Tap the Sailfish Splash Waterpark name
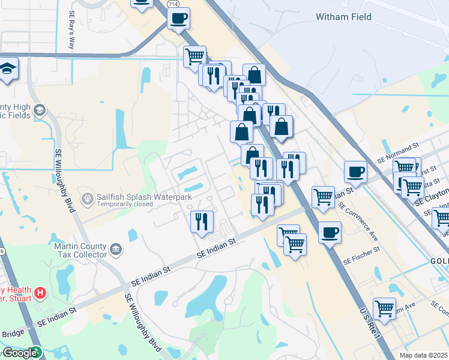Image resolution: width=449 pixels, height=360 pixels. (136, 196)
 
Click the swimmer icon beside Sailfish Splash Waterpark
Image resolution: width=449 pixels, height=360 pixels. (88, 197)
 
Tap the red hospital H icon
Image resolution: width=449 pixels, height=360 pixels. (40, 293)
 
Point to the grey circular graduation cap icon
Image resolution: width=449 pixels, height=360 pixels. (40, 110)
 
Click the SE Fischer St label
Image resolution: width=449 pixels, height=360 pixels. (362, 260)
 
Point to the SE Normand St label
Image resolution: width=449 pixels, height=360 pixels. (397, 155)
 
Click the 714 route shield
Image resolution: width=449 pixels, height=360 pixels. (173, 4)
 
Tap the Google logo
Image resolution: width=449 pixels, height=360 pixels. (19, 353)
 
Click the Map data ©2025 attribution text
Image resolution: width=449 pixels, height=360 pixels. (423, 355)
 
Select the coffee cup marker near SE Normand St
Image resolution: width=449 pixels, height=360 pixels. (355, 173)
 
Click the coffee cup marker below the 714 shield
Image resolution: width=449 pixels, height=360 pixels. (178, 19)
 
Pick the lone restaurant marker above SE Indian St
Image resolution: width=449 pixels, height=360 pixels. (202, 221)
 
